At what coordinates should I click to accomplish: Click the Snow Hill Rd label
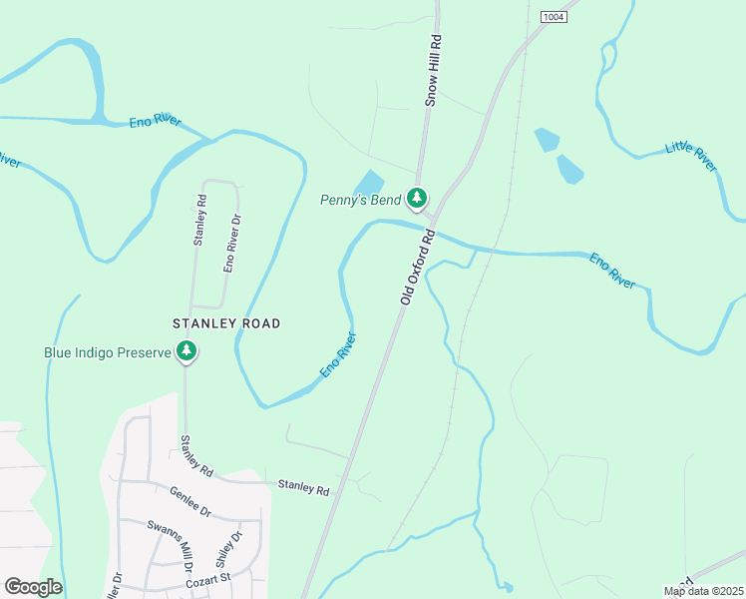(433, 71)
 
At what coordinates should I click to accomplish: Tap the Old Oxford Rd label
(418, 267)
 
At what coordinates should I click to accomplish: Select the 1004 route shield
(555, 17)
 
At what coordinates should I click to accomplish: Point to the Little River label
(691, 157)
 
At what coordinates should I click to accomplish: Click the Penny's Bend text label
(360, 200)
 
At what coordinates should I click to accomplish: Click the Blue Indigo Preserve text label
(109, 351)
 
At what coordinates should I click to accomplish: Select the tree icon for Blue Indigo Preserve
(186, 351)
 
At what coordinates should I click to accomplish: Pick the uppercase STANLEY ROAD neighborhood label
(226, 323)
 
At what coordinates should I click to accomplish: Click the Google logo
(33, 587)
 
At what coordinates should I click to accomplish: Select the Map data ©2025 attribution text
(703, 591)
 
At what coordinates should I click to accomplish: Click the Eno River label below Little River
(612, 271)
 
